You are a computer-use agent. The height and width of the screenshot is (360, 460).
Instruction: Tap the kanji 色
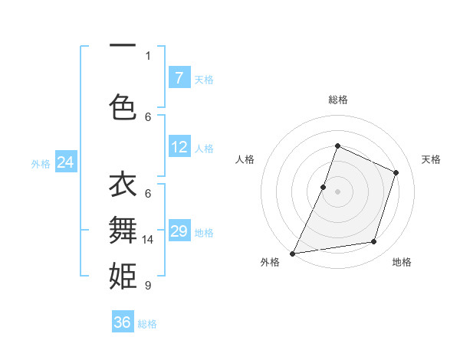click(x=123, y=107)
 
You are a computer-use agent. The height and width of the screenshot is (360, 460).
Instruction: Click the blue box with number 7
click(x=179, y=78)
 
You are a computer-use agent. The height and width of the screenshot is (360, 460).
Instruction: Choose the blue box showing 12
click(x=179, y=147)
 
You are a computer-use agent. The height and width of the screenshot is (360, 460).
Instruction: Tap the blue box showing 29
click(x=179, y=231)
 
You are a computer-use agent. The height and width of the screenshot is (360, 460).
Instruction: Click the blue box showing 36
click(x=123, y=322)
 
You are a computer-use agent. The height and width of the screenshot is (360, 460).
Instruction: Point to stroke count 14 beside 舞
click(x=149, y=240)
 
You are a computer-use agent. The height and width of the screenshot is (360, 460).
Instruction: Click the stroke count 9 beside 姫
click(x=147, y=286)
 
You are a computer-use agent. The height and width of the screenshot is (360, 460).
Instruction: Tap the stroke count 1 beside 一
click(x=148, y=55)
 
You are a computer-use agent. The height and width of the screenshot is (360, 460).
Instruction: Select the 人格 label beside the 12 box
click(x=204, y=148)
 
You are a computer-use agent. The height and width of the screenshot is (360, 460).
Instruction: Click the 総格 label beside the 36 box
click(x=147, y=324)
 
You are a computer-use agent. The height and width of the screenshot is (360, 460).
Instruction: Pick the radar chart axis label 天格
click(x=431, y=159)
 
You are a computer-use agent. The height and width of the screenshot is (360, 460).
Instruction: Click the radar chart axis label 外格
click(x=269, y=262)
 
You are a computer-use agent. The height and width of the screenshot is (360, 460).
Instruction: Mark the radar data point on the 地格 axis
click(x=374, y=242)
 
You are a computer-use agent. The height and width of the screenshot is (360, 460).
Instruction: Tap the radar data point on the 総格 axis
click(x=337, y=146)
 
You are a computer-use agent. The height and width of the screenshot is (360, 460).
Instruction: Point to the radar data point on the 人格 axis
click(x=324, y=187)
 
